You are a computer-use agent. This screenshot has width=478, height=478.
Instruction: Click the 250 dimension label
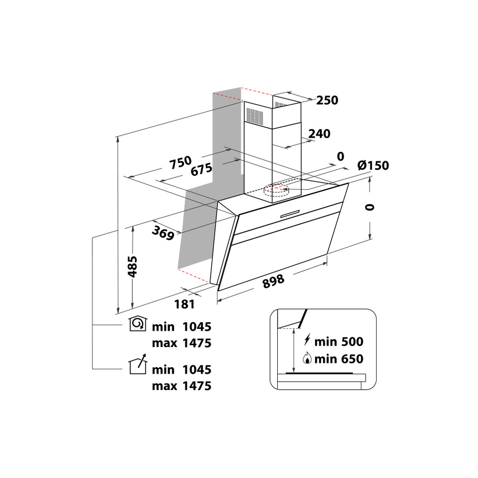pos(327,100)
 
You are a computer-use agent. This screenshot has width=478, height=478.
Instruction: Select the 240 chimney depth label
pos(319,134)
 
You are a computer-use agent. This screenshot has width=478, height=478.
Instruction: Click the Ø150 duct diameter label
pos(373,165)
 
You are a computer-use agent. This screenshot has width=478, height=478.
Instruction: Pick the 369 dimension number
pos(163,232)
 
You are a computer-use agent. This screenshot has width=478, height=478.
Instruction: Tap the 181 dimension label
pos(185,304)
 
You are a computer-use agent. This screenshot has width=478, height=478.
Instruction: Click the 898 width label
pos(274,282)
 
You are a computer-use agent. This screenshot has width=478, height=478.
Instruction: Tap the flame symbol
pos(307,358)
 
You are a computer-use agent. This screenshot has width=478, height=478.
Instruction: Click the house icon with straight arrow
pos(138,364)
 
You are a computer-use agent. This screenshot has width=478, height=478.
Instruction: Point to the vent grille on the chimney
pos(255,115)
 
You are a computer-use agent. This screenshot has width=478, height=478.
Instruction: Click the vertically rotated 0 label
pos(369,207)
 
